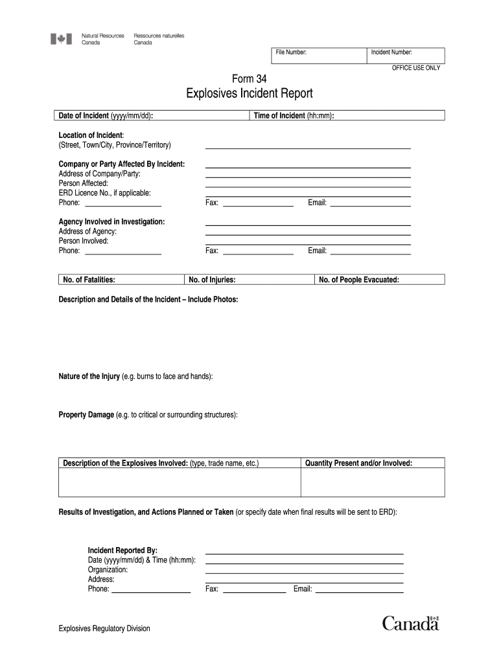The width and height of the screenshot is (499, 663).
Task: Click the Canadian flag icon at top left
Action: tap(62, 39)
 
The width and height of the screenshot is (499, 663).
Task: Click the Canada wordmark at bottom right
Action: tap(410, 624)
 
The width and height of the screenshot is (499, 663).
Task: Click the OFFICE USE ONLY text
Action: tap(415, 68)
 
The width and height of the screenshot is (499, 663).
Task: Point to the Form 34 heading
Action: tap(249, 79)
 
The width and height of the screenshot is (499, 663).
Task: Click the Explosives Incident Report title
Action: tap(250, 95)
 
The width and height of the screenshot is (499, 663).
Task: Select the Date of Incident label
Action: tap(106, 116)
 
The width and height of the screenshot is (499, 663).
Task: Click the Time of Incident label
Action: tap(294, 116)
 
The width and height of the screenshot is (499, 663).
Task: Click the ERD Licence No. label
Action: tap(105, 193)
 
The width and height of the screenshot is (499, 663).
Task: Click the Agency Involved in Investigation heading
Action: tap(111, 221)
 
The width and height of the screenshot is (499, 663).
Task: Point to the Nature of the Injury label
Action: tap(135, 376)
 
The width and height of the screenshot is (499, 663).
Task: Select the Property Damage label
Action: tap(148, 414)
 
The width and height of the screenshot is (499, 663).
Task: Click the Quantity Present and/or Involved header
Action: tap(358, 463)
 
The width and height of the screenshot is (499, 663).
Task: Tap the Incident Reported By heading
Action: tap(122, 550)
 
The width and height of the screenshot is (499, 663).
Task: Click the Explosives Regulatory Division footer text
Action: tap(104, 628)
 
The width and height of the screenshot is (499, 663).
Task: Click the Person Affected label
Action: tap(84, 183)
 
